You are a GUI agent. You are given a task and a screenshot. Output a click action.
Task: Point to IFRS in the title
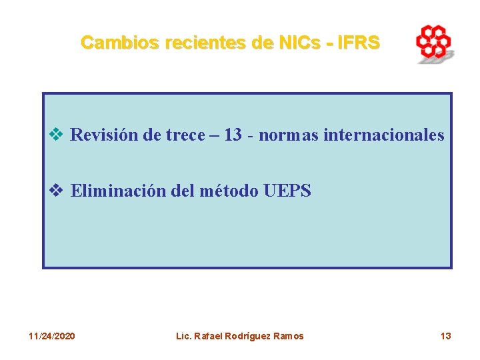tap(359, 43)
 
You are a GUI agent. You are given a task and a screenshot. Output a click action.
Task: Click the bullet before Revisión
tap(57, 135)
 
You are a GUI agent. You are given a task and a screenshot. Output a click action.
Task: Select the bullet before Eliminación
tap(57, 191)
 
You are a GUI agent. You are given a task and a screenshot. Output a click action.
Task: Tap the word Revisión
tap(101, 135)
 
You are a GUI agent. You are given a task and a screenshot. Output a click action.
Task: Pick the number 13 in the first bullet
tap(233, 135)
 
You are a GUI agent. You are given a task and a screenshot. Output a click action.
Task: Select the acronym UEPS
tap(287, 191)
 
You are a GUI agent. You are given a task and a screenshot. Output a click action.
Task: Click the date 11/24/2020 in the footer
tap(52, 336)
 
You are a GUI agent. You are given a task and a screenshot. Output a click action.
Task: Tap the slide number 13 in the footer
tap(445, 336)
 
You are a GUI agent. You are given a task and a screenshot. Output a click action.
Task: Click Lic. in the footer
tap(183, 336)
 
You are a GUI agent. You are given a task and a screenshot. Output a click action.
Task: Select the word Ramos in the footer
tap(289, 336)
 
